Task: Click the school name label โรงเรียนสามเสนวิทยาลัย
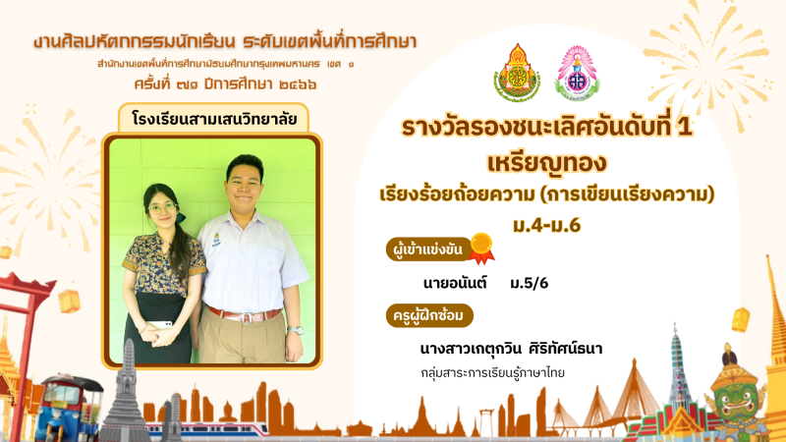point(213,119)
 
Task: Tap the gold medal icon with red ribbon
point(481,249)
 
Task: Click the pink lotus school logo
point(577,73)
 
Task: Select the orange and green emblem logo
point(517,73)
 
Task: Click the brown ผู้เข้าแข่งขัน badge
point(428,249)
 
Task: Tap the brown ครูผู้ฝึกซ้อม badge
point(429,315)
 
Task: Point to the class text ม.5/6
point(529,284)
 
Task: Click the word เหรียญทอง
point(547,163)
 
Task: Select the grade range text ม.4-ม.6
point(546,226)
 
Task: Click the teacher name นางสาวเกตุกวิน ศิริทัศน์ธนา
point(511,349)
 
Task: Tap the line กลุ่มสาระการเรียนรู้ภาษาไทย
point(492,373)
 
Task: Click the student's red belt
point(244,315)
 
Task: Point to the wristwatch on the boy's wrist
point(296,330)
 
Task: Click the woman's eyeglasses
point(162,207)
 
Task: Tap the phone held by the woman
point(161,325)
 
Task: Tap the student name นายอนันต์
point(455,284)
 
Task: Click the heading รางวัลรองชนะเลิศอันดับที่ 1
point(547,127)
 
